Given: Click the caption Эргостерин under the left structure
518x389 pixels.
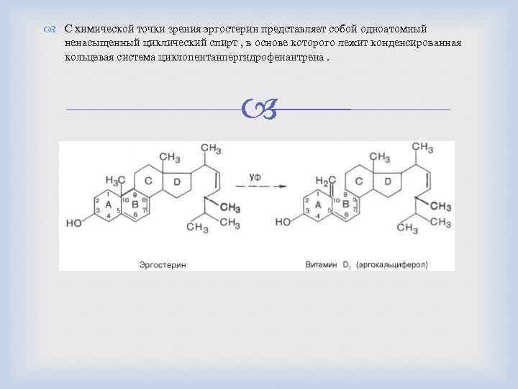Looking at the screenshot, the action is click(x=163, y=265).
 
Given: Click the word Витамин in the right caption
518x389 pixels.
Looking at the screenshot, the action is click(x=321, y=265).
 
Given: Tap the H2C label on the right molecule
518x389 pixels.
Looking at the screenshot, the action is click(x=327, y=180).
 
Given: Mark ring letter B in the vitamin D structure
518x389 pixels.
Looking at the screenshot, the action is click(x=345, y=205).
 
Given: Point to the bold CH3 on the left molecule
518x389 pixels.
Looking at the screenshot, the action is click(x=230, y=207).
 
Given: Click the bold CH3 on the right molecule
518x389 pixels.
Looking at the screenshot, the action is click(x=441, y=207).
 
